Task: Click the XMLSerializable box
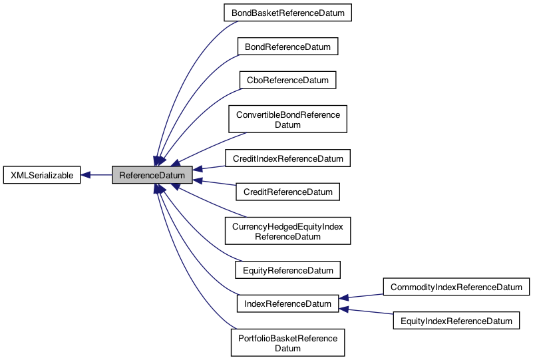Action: point(42,175)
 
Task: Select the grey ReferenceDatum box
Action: point(152,175)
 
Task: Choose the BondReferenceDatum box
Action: point(287,46)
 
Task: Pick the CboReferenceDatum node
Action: point(287,80)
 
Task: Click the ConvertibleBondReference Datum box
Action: point(287,120)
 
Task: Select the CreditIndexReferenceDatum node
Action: point(287,159)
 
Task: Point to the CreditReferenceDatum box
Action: point(287,192)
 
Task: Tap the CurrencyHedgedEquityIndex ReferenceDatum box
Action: point(287,231)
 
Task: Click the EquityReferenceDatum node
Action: point(287,270)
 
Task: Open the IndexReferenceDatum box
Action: point(287,304)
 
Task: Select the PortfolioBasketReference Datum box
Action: point(287,343)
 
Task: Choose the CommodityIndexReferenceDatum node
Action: point(456,287)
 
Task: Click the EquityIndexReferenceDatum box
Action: point(456,321)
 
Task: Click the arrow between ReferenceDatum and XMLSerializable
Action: point(96,176)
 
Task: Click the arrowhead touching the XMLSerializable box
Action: point(87,176)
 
